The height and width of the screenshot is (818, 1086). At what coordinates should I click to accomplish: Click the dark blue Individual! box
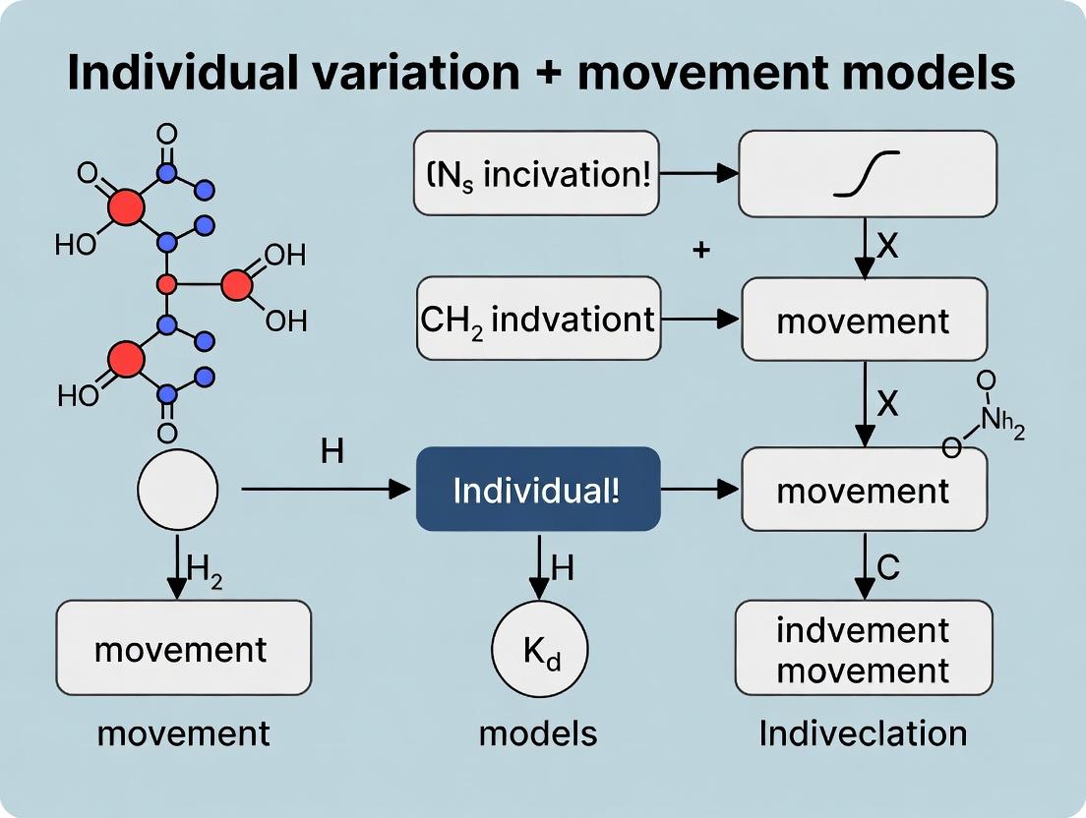(x=537, y=489)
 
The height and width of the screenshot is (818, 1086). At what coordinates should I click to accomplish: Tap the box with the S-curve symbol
(x=867, y=173)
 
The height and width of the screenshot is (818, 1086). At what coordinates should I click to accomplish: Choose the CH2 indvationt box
(x=539, y=319)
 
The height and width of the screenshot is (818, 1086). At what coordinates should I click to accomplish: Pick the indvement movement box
(x=864, y=650)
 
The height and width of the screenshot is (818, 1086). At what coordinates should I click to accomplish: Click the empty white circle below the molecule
(x=177, y=489)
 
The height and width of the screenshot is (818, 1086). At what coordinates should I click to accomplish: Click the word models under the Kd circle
(x=538, y=732)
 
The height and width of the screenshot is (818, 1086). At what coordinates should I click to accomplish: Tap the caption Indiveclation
(x=863, y=733)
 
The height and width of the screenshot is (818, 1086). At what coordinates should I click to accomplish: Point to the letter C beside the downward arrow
(x=887, y=567)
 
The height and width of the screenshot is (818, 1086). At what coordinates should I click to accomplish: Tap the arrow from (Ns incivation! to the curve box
(x=698, y=174)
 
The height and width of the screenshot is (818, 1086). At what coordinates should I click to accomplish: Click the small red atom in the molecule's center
(x=166, y=285)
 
